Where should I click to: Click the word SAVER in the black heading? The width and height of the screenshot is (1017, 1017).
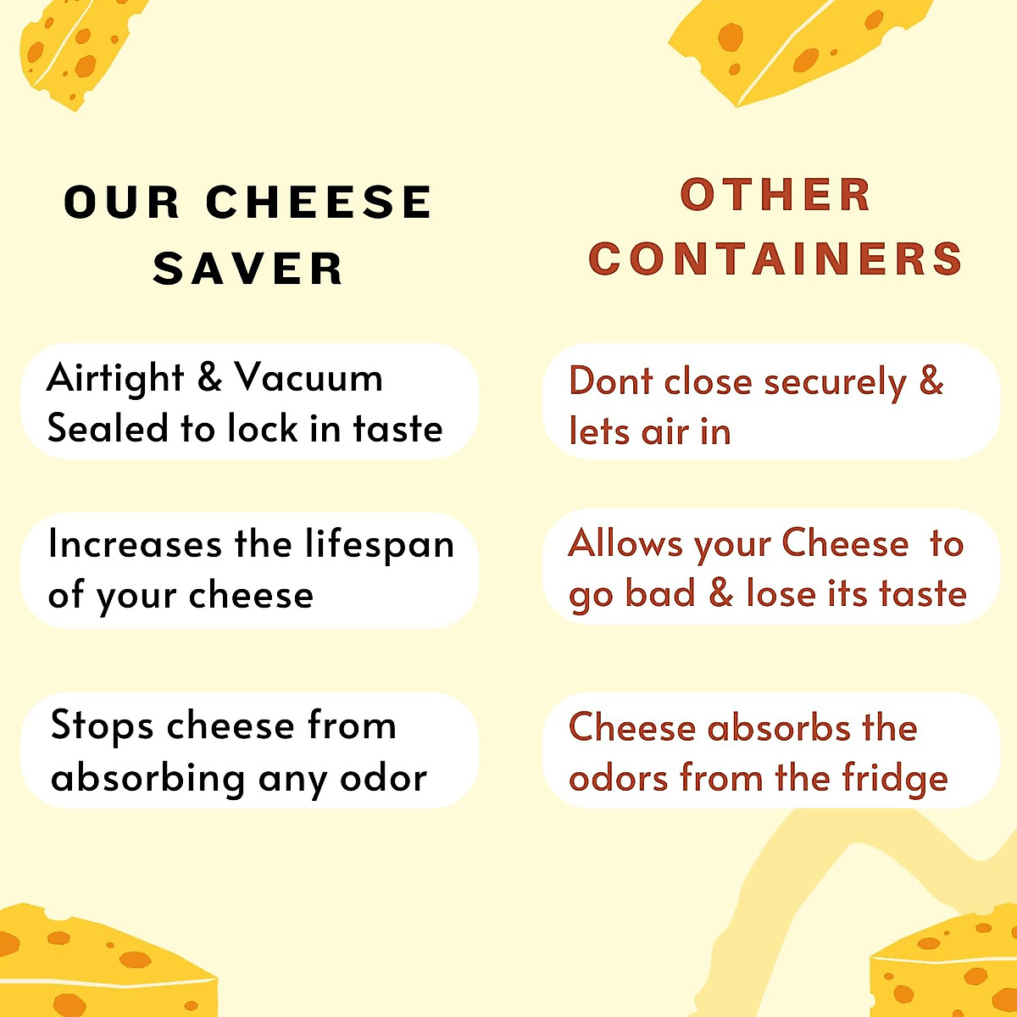[247, 269]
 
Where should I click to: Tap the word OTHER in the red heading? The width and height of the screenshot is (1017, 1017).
[775, 195]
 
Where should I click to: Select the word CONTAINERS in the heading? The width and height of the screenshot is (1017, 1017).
[775, 258]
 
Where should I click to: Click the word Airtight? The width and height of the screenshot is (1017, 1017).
[115, 378]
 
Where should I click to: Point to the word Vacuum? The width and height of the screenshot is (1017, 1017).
[308, 377]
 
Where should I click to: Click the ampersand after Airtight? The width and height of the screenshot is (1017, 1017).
[209, 377]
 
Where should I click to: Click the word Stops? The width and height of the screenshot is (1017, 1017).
[102, 726]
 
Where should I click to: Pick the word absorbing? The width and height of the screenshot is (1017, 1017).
[147, 779]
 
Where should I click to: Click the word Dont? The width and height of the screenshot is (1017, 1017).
[610, 381]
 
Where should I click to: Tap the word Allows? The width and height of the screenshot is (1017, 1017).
[625, 544]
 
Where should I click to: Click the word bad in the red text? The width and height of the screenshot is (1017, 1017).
[660, 593]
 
